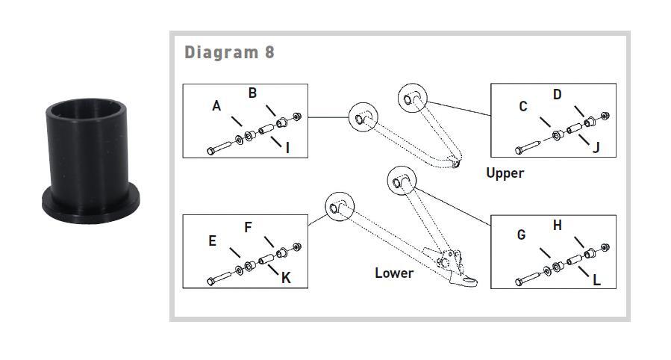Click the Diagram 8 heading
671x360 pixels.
tap(229, 52)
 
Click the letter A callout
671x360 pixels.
tap(216, 106)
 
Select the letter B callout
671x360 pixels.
tap(253, 93)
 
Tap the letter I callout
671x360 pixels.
tap(287, 147)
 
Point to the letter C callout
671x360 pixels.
tap(523, 107)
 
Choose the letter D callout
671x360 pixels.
tap(557, 94)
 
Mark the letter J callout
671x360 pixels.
tap(596, 147)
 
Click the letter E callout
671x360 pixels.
tap(213, 240)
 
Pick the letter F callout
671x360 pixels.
tap(249, 226)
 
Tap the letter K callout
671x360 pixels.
tap(285, 277)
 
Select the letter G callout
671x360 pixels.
tap(521, 235)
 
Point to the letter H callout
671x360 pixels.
tap(557, 225)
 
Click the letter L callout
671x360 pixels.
tap(596, 279)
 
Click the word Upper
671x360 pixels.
tap(505, 173)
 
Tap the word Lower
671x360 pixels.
tap(394, 273)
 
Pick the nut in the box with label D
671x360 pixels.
tap(605, 115)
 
